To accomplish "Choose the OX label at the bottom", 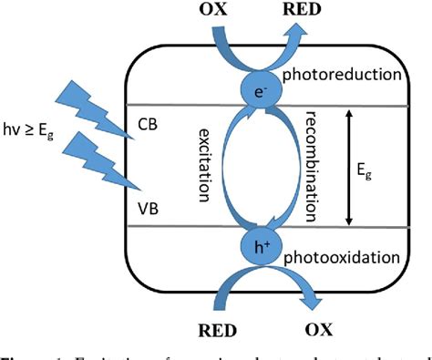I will [305, 325].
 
